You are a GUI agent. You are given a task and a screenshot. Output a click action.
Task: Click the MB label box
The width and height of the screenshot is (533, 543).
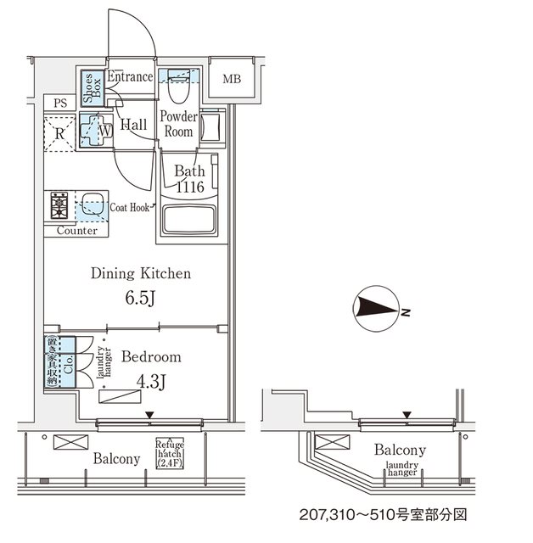pyautogui.click(x=232, y=81)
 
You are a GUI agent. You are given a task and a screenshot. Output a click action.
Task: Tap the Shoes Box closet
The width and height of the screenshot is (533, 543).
pyautogui.click(x=87, y=87)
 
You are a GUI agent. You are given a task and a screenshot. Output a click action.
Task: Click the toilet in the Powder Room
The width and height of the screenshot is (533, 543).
pyautogui.click(x=179, y=86)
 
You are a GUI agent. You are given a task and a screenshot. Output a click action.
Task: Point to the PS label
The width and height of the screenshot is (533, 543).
pyautogui.click(x=59, y=104)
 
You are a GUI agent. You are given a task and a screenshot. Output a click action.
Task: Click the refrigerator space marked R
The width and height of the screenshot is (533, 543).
pyautogui.click(x=60, y=133)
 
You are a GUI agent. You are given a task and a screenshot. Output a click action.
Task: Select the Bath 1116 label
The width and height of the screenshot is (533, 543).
pyautogui.click(x=190, y=179)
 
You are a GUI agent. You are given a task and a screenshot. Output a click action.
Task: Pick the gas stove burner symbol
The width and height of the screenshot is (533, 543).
pyautogui.click(x=59, y=205)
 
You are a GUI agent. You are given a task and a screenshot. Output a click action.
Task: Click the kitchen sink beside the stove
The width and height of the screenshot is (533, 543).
pyautogui.click(x=92, y=205)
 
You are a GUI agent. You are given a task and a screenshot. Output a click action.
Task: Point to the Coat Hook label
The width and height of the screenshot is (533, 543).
pyautogui.click(x=130, y=207)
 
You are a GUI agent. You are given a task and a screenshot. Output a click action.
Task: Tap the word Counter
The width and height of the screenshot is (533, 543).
pyautogui.click(x=76, y=231)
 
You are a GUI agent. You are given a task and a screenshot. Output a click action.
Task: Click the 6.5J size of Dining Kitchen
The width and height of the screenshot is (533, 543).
pyautogui.click(x=142, y=299)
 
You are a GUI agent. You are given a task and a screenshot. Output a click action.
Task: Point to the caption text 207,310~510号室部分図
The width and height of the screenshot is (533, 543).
pyautogui.click(x=384, y=515)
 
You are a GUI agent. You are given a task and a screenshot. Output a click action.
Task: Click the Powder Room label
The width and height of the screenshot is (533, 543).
pyautogui.click(x=179, y=125)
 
